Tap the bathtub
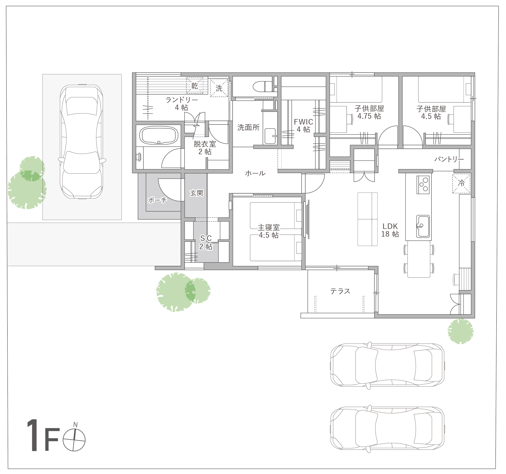point(159,135)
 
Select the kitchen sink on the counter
point(423,226)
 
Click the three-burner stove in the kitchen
point(423,185)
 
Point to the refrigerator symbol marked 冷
point(461,183)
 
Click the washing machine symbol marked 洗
point(219,88)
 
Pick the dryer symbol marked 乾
point(194,86)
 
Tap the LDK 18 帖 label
point(390,230)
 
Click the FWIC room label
point(303,126)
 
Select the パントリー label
point(449,159)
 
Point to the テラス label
point(340,291)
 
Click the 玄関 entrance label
point(197,193)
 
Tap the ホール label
point(255,173)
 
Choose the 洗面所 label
point(248,127)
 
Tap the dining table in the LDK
point(419,259)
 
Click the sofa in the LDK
point(368,219)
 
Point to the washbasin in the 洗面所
point(270,136)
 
